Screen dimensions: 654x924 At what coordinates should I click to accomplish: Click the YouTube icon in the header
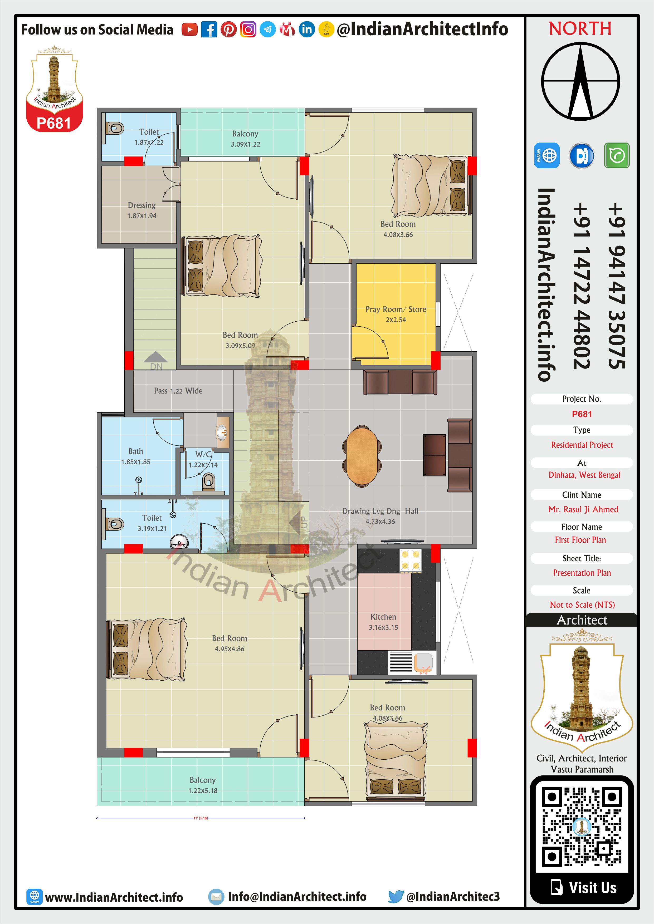[x=189, y=30]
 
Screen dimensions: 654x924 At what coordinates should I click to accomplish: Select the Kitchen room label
[x=383, y=617]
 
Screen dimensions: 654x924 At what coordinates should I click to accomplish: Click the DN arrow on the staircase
[x=155, y=357]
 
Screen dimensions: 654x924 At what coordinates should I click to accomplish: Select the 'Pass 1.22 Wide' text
[x=178, y=391]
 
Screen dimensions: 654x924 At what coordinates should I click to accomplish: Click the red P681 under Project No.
[x=582, y=414]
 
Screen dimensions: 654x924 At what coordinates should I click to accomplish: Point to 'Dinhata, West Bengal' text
[x=584, y=475]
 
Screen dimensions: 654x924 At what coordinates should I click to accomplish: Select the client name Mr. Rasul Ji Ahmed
[x=583, y=509]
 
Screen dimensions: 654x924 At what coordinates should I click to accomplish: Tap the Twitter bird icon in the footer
[x=396, y=896]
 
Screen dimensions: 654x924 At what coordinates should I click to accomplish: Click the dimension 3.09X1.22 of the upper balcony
[x=245, y=144]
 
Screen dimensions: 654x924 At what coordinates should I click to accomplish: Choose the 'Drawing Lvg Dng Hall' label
[x=380, y=511]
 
